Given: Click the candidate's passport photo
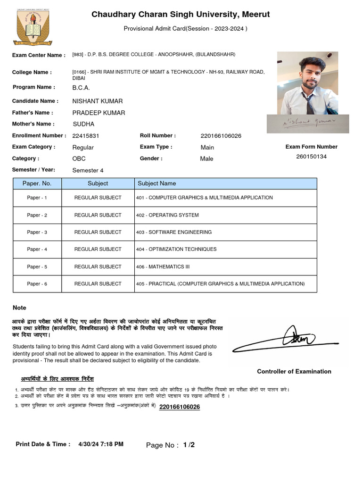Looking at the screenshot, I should pyautogui.click(x=307, y=83).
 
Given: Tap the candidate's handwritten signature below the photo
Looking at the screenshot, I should pyautogui.click(x=307, y=123).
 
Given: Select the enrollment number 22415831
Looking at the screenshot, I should pyautogui.click(x=86, y=136).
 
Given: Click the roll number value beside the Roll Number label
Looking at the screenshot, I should pyautogui.click(x=221, y=136).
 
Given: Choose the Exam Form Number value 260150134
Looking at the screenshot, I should pyautogui.click(x=311, y=157).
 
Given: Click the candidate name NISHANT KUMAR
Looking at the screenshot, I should pyautogui.click(x=97, y=101).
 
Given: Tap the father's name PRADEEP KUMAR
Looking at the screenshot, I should pyautogui.click(x=99, y=113).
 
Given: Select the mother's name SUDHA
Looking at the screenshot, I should pyautogui.click(x=83, y=124).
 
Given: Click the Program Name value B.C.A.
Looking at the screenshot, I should pyautogui.click(x=81, y=88).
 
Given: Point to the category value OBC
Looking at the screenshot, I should pyautogui.click(x=79, y=159).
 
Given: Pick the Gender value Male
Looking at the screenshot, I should pyautogui.click(x=206, y=159).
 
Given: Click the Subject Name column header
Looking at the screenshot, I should pyautogui.click(x=156, y=183).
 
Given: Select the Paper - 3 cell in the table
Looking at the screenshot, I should pyautogui.click(x=37, y=232).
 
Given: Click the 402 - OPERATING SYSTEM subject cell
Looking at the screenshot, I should pyautogui.click(x=167, y=215).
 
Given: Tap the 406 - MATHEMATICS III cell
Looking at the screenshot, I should pyautogui.click(x=163, y=266).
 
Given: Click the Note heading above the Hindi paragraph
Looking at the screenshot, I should pyautogui.click(x=19, y=308).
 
